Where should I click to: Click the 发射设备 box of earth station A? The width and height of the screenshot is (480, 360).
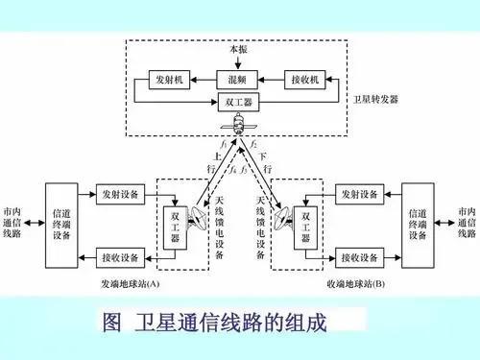pyautogui.click(x=120, y=194)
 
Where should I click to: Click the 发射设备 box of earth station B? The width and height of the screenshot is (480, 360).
pyautogui.click(x=360, y=194)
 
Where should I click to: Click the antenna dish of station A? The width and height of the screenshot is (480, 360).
pyautogui.click(x=198, y=219)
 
